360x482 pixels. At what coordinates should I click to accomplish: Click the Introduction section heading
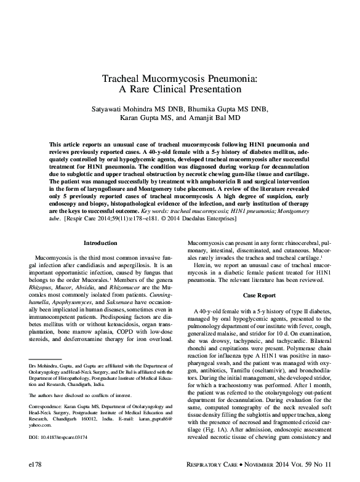100,243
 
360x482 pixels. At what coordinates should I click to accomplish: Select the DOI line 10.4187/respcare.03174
62,438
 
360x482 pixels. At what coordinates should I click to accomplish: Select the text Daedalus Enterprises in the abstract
259,218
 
